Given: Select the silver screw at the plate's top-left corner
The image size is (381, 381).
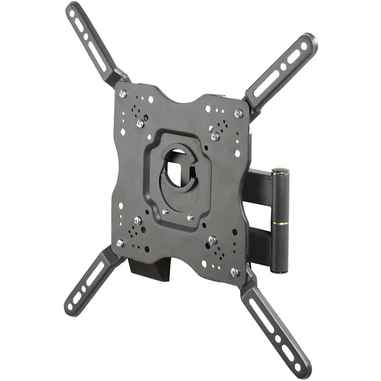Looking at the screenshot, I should click(123, 93).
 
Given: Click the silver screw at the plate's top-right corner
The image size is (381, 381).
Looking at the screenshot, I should click(238, 114).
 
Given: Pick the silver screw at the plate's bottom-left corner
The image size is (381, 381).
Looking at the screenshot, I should click(120, 243).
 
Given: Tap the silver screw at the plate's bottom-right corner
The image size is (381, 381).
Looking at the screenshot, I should click(234, 271).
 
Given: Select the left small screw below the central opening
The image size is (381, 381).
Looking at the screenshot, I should click(164, 212).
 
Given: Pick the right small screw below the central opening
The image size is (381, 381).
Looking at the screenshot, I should click(190, 218).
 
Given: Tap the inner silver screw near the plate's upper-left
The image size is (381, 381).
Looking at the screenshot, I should click(140, 124).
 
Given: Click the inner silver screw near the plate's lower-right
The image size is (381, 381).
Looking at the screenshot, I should click(212, 240).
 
